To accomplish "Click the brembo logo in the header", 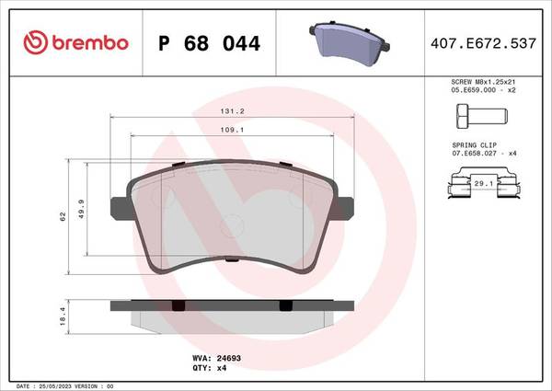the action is (75, 42).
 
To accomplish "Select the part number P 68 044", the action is (209, 43).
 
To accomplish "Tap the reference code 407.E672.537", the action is (483, 43).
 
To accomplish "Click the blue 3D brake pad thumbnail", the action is (350, 43).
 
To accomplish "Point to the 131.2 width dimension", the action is (232, 111).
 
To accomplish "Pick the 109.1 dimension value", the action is (232, 130).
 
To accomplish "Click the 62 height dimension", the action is (63, 216).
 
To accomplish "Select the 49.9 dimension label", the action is (81, 209).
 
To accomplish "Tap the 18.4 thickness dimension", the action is (63, 316).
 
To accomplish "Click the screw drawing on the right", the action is (482, 116).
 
